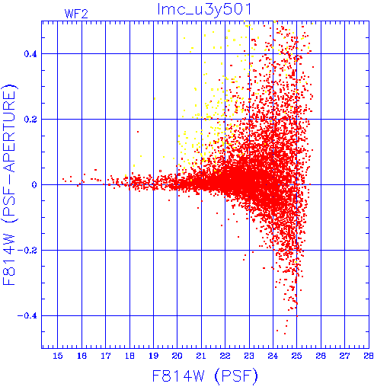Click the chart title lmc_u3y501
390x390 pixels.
[x=204, y=10]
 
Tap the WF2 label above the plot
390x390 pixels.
[x=76, y=14]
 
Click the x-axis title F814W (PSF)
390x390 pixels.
[x=205, y=376]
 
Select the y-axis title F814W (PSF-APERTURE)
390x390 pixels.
[x=10, y=184]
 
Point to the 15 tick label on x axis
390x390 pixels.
[x=58, y=356]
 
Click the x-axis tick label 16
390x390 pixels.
[x=82, y=356]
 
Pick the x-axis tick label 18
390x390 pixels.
[x=129, y=356]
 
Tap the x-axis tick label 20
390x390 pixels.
[x=177, y=356]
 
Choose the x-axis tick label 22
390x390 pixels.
[x=225, y=356]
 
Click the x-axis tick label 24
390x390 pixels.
[x=273, y=356]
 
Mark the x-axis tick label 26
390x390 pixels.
[x=321, y=356]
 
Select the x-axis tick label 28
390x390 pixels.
[x=369, y=356]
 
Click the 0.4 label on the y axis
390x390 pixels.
[x=30, y=54]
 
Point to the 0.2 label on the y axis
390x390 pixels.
[x=30, y=120]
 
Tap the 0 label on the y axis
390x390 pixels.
[x=34, y=185]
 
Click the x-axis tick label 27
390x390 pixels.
[x=344, y=356]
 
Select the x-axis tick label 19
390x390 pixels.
[x=153, y=356]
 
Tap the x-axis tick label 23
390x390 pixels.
[x=249, y=356]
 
